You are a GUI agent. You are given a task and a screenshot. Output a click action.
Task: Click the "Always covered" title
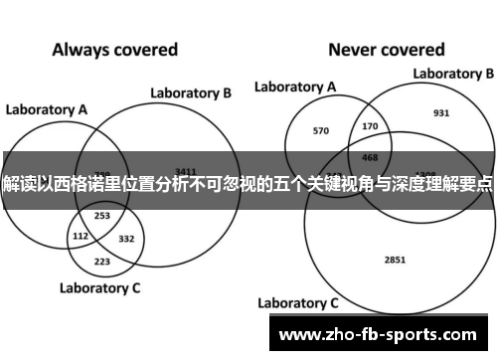pyautogui.click(x=114, y=48)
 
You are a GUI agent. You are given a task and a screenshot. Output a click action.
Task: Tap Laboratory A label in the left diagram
pyautogui.click(x=47, y=108)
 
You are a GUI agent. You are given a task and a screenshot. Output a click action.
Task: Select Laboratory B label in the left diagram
pyautogui.click(x=191, y=92)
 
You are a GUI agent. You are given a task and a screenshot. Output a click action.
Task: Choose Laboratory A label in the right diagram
pyautogui.click(x=295, y=88)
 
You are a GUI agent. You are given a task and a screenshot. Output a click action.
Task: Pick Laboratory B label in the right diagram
pyautogui.click(x=453, y=73)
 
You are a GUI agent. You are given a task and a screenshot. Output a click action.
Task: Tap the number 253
pyautogui.click(x=102, y=215)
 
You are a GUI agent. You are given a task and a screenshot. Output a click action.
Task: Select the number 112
pyautogui.click(x=82, y=237)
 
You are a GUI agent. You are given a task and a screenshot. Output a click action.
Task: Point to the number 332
pyautogui.click(x=126, y=239)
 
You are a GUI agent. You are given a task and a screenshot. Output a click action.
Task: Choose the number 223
pyautogui.click(x=102, y=262)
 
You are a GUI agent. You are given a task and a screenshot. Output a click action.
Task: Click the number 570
pyautogui.click(x=320, y=130)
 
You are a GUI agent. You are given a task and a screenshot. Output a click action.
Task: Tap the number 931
pyautogui.click(x=441, y=113)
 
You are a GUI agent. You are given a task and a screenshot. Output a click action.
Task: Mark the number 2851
pyautogui.click(x=395, y=232)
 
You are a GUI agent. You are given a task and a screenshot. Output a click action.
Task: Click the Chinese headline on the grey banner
pyautogui.click(x=248, y=185)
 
